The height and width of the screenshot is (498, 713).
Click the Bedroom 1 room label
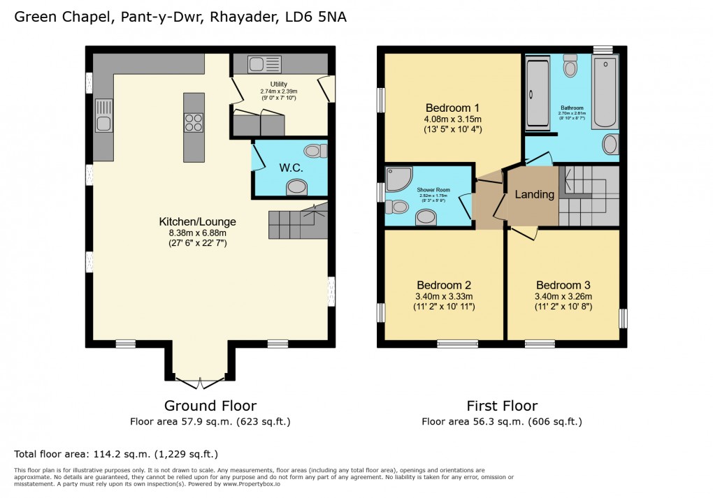(452, 108)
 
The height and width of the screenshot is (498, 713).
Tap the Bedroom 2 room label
(443, 285)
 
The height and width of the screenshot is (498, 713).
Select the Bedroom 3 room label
(563, 285)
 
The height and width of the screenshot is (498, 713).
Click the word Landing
(534, 194)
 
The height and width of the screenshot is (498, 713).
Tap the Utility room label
(278, 85)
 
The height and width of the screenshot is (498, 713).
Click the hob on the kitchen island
(194, 123)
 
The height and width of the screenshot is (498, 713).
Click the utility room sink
(264, 64)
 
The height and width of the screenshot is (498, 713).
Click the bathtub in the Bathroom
(605, 93)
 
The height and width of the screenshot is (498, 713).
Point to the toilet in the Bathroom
(570, 67)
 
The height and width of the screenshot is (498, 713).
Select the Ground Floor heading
(210, 406)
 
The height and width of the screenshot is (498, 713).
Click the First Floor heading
(501, 406)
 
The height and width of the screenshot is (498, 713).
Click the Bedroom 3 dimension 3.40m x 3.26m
(563, 296)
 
